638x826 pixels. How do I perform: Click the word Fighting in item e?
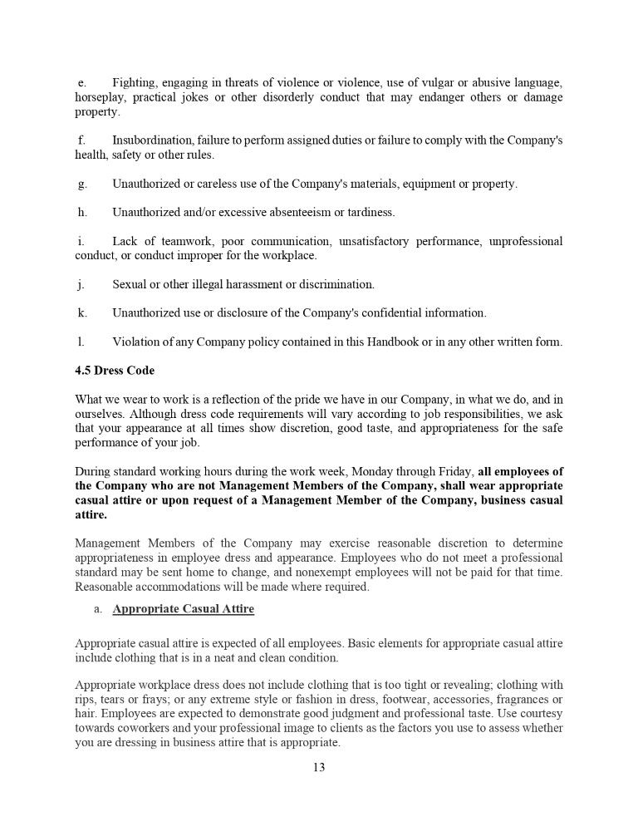[x=134, y=83]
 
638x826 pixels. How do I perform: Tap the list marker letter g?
[x=81, y=184]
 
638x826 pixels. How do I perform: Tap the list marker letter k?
[x=81, y=313]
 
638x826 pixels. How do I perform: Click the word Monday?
[x=367, y=470]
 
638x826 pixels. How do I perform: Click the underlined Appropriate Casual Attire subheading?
[x=183, y=609]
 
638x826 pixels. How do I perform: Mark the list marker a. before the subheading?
[x=97, y=609]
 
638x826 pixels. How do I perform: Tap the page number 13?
[x=319, y=767]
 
